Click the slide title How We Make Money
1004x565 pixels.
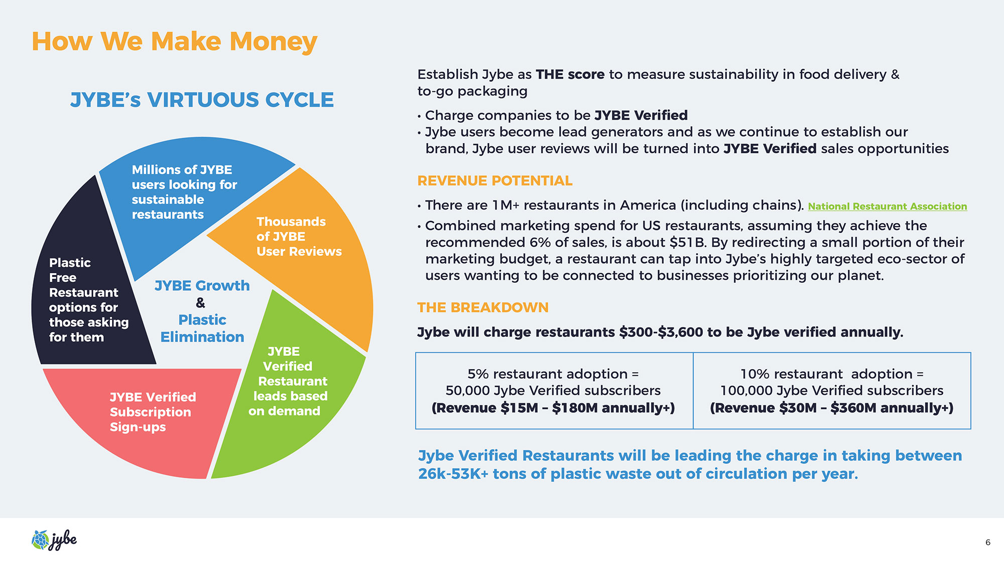[174, 42]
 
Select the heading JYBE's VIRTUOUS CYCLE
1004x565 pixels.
[202, 100]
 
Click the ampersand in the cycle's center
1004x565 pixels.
[201, 303]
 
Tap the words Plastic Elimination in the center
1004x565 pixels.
[202, 328]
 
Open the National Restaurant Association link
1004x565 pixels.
[887, 206]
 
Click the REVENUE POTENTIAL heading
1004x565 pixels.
[494, 181]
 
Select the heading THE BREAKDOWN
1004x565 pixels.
[483, 307]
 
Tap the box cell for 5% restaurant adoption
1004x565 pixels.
[554, 391]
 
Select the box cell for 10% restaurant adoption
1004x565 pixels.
[832, 391]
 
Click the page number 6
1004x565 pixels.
[988, 542]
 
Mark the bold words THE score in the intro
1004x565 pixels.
[570, 74]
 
